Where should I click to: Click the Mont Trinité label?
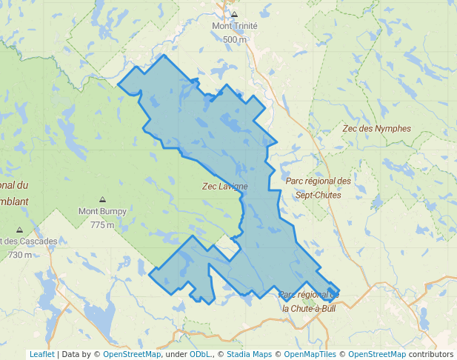pyautogui.click(x=235, y=26)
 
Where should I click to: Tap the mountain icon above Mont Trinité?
pyautogui.click(x=235, y=14)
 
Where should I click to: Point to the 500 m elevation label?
pyautogui.click(x=235, y=39)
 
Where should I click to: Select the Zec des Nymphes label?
pyautogui.click(x=377, y=128)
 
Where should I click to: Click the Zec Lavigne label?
pyautogui.click(x=225, y=187)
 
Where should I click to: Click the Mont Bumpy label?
pyautogui.click(x=102, y=211)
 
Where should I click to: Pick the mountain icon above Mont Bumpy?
pyautogui.click(x=102, y=200)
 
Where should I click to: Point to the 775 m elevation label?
pyautogui.click(x=102, y=224)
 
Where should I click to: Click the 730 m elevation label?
pyautogui.click(x=20, y=255)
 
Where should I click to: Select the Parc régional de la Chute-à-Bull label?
pyautogui.click(x=308, y=301)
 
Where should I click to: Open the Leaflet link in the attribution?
pyautogui.click(x=42, y=354)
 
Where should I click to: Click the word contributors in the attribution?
pyautogui.click(x=431, y=354)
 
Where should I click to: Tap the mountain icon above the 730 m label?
pyautogui.click(x=19, y=230)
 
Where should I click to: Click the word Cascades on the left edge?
pyautogui.click(x=36, y=242)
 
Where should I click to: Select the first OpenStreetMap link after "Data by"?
pyautogui.click(x=132, y=354)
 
